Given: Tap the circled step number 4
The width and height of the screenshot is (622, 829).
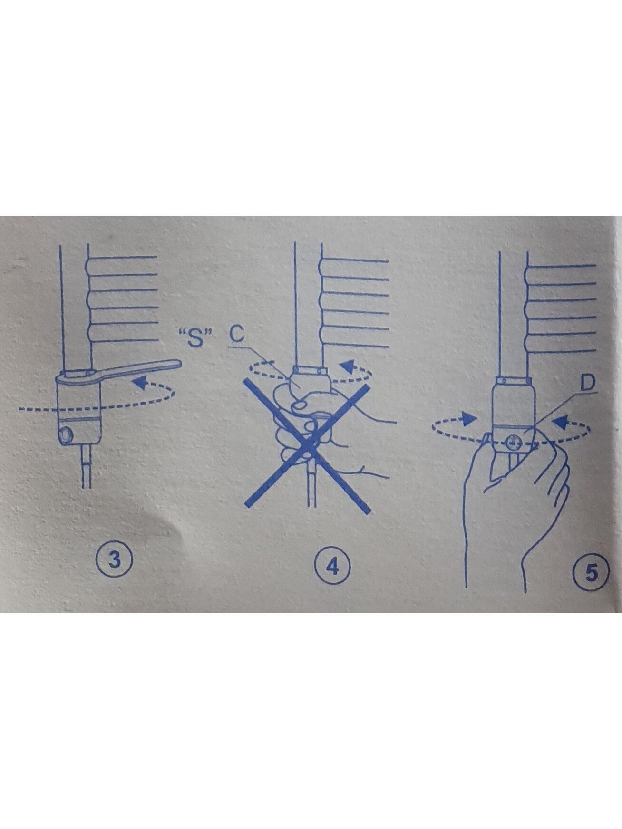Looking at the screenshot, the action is point(332,566).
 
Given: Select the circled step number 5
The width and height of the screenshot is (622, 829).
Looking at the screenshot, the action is point(591,572).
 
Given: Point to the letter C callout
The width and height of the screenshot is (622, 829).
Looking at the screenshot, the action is point(236,334).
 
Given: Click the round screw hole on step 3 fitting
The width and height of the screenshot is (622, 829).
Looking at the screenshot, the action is point(66,434).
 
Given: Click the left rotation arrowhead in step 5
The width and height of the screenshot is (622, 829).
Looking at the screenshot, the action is point(470,419).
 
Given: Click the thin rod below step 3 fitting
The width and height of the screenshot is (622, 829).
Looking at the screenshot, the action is point(86,466).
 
